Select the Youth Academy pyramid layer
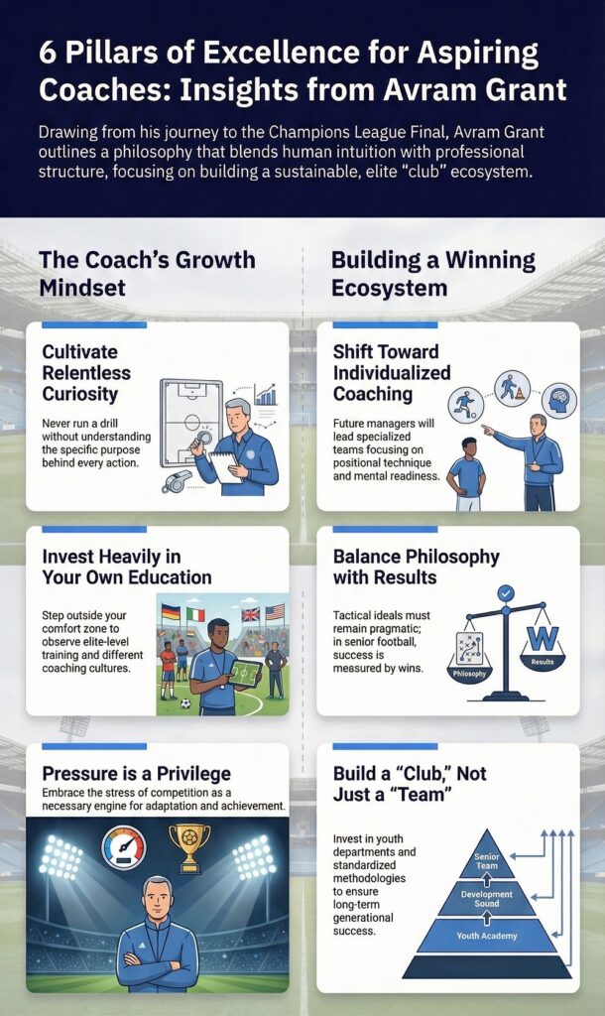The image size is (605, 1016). (486, 935)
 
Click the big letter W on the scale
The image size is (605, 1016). (543, 640)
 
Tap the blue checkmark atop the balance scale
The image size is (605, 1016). (505, 593)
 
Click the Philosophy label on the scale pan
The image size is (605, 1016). (470, 674)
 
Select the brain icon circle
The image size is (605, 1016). (559, 400)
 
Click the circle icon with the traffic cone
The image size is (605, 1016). (513, 388)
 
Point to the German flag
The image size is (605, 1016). (171, 611)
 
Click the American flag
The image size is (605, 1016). (275, 611)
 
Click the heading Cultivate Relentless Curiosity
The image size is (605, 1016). (86, 373)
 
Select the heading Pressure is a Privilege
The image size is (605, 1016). (136, 774)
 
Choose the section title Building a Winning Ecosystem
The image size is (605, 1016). (433, 274)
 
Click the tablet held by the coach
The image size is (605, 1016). (245, 674)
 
